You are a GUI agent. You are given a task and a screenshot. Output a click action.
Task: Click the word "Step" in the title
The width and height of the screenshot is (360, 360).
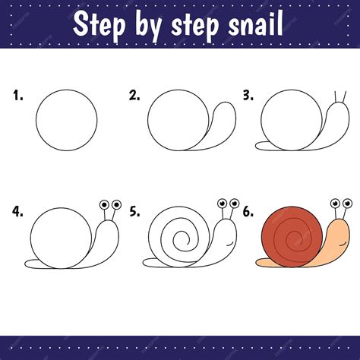coord(99,24)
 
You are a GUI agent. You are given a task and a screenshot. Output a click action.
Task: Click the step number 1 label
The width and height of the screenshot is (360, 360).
coord(18,96)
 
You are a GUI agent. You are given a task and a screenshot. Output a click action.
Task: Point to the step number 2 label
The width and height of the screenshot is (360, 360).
coord(134,96)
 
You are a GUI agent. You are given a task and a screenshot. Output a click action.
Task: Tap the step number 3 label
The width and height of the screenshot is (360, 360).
coord(248,96)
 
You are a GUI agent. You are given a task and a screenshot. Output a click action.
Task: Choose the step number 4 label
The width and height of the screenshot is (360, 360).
coord(17,212)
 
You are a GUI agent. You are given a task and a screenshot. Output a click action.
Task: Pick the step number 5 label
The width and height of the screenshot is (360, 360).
coord(134,212)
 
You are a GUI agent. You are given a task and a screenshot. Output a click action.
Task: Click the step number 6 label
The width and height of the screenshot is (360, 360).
coord(248,212)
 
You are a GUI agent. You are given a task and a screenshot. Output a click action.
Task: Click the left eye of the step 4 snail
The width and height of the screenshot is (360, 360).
coord(104,204)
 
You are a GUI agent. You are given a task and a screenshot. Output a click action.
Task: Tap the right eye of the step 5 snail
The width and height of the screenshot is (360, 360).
coord(235,203)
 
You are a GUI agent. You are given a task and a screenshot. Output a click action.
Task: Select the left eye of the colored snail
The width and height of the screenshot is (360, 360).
coord(336,203)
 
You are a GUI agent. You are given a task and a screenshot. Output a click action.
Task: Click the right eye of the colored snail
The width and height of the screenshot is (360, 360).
coord(347,203)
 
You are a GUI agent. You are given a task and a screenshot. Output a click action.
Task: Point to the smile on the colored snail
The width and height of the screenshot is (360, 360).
coord(343,245)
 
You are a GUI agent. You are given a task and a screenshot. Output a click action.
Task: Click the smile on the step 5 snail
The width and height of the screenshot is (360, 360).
coord(230,245)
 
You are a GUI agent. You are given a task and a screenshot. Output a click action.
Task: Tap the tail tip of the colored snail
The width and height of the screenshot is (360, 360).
coord(257,263)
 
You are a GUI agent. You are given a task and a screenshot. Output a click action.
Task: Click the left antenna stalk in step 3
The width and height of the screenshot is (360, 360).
coord(336,97)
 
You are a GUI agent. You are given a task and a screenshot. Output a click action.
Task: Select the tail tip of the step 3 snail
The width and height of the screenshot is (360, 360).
coord(256,146)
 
